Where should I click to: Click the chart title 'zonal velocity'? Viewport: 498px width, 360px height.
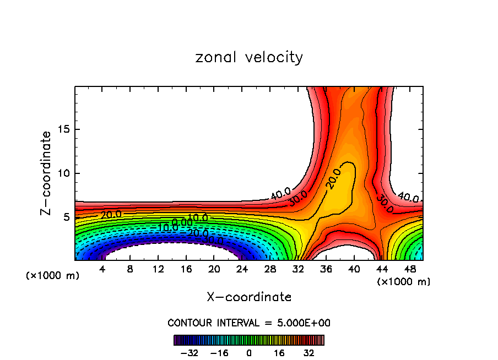[249, 57]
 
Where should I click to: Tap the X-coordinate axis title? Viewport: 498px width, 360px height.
[249, 297]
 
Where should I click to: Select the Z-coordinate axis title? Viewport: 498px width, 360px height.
[46, 173]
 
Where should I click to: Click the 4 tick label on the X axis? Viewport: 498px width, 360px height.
[102, 270]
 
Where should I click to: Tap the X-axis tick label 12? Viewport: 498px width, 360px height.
[158, 270]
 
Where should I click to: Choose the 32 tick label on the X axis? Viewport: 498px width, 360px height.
[298, 270]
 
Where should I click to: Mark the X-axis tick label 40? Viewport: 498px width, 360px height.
[354, 270]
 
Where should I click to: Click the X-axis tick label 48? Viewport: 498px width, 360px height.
[409, 270]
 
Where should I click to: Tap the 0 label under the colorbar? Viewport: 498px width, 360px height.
[249, 353]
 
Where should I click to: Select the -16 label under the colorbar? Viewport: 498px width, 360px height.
[219, 353]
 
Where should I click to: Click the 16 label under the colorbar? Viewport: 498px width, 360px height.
[279, 353]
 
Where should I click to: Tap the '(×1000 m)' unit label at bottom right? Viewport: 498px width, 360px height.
[404, 282]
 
